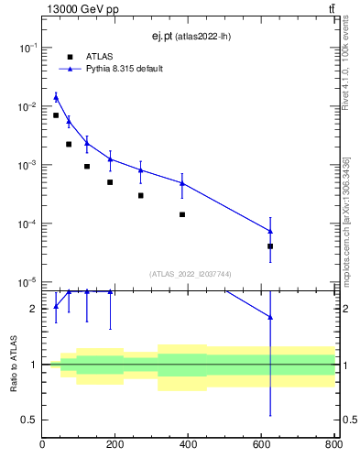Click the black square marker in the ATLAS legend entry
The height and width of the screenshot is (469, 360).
(70, 57)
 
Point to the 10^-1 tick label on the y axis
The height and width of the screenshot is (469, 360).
(27, 48)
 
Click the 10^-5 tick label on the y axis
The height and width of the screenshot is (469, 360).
(27, 282)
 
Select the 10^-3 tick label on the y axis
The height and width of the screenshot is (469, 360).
(27, 165)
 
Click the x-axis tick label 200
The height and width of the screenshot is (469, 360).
(115, 445)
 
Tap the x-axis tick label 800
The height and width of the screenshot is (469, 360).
(333, 445)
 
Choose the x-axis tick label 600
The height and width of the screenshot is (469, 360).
(261, 445)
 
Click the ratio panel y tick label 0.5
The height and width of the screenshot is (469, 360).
(29, 420)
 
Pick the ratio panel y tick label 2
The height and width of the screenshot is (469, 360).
(33, 310)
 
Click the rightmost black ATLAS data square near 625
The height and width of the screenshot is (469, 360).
(270, 246)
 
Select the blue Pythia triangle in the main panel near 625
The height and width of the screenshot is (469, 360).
(270, 231)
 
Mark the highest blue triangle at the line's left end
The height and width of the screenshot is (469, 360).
(56, 97)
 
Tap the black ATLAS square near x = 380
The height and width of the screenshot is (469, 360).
(182, 214)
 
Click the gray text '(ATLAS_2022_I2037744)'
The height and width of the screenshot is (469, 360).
(190, 274)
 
